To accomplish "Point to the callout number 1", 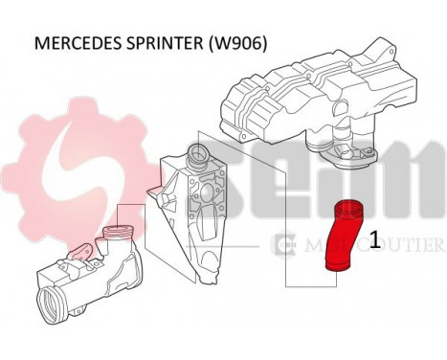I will coord(376,239).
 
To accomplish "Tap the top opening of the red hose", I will coord(346,209).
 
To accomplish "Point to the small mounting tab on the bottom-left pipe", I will coord(80,253).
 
